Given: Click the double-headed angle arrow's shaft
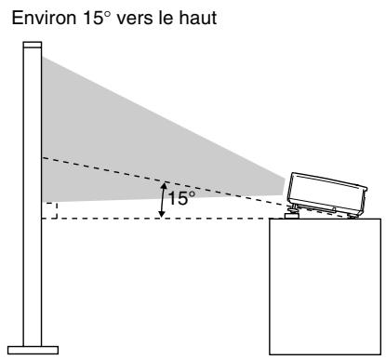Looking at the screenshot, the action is pyautogui.click(x=163, y=200).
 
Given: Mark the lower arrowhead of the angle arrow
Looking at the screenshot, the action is pyautogui.click(x=163, y=214).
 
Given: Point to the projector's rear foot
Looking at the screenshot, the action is pyautogui.click(x=352, y=216).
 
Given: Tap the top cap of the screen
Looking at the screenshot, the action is pyautogui.click(x=33, y=45).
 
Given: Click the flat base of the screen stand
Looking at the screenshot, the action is pyautogui.click(x=33, y=350).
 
